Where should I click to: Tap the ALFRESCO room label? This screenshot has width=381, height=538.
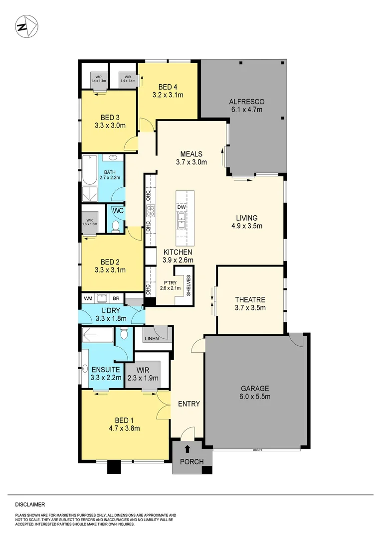(x=244, y=102)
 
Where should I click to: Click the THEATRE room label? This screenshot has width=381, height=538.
(x=250, y=300)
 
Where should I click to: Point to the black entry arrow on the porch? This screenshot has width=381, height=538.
(x=188, y=448)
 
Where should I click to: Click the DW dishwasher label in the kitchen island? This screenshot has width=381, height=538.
(x=182, y=207)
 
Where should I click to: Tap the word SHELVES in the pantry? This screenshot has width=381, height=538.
(x=188, y=286)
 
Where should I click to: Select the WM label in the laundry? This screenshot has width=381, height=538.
(x=88, y=298)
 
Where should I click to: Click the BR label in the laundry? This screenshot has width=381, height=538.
(x=116, y=298)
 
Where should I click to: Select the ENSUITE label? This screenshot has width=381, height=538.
(x=105, y=370)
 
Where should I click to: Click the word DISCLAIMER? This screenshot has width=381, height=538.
(x=30, y=504)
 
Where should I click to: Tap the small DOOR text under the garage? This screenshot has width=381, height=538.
(x=257, y=450)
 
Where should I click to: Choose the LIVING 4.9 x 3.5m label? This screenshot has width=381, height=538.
(x=247, y=218)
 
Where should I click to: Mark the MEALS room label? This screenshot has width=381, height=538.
(x=191, y=153)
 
